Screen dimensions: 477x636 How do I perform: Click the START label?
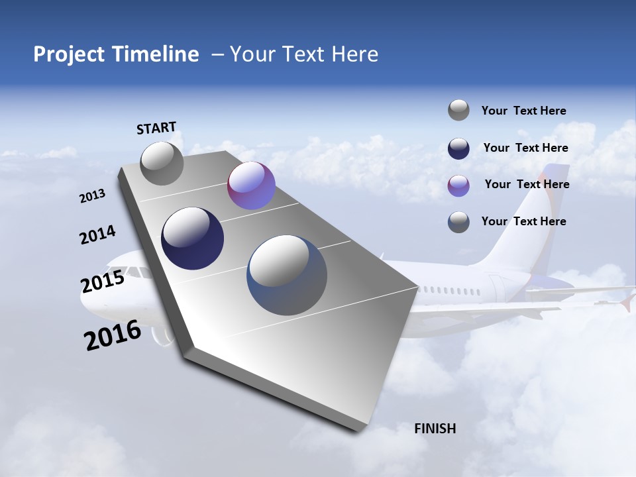pos(156,127)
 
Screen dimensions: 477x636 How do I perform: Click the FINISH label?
pos(435,429)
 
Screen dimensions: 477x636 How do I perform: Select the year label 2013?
pos(93,196)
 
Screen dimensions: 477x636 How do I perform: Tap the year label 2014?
pos(97,235)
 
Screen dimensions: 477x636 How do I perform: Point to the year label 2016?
pos(113,335)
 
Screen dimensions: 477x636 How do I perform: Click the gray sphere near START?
pos(162,163)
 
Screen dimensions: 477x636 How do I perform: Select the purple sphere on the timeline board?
pos(251,185)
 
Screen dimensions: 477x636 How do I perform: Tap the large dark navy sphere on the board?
pos(192,238)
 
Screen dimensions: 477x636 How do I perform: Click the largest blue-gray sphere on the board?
pos(287,275)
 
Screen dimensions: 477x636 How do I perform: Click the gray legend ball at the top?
pos(458,111)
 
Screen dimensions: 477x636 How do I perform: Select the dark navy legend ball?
pos(458,148)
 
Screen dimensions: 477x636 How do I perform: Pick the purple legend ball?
pos(458,185)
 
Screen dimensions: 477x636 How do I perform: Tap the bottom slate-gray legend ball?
pos(458,221)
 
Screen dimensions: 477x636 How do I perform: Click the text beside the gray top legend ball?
pos(523,111)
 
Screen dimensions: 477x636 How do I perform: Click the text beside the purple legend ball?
pos(527,184)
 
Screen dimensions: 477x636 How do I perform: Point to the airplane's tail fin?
pos(530,212)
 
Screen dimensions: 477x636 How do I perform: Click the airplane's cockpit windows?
pos(137,272)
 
